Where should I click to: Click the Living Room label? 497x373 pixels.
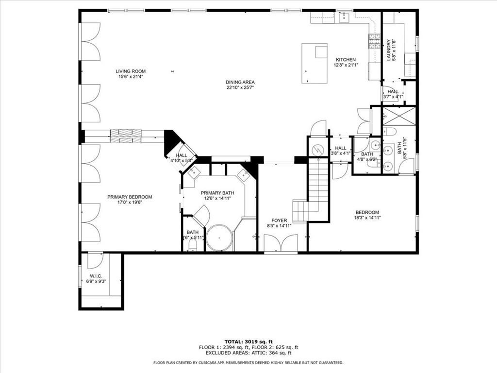point(130,71)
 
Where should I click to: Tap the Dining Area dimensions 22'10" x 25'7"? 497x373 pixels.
point(240,88)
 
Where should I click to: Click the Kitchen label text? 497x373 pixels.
point(346,60)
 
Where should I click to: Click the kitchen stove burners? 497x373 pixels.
point(374,42)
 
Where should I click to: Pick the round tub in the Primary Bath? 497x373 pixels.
point(220,238)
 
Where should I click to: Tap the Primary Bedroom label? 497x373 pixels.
point(130,197)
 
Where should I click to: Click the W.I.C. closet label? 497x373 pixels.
point(96,276)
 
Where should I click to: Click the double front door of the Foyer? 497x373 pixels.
point(281,243)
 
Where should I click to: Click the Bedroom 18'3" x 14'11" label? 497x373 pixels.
point(367,212)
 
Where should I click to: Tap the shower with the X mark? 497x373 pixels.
point(398,116)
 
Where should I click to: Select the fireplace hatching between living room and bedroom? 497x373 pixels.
point(126,136)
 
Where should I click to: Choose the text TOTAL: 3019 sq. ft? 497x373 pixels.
point(248,341)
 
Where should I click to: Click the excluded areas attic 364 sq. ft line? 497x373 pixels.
point(248,354)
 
